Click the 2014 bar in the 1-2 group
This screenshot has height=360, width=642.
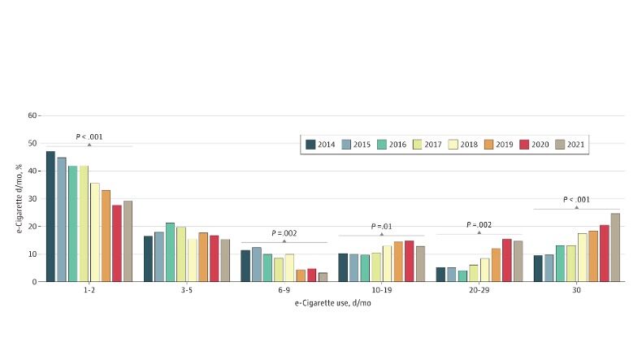[50, 216]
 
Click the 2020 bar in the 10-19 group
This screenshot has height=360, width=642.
[409, 261]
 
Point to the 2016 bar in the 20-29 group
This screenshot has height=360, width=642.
[462, 275]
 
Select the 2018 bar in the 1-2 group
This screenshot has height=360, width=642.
[94, 232]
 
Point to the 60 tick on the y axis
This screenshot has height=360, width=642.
[33, 115]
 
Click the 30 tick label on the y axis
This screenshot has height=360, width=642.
[33, 198]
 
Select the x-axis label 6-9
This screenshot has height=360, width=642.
[284, 290]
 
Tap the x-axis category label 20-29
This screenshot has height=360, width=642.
[479, 290]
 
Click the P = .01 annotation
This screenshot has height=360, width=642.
[381, 226]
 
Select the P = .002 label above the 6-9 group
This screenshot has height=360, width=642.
[284, 232]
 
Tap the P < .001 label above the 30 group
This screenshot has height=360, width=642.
[576, 199]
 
